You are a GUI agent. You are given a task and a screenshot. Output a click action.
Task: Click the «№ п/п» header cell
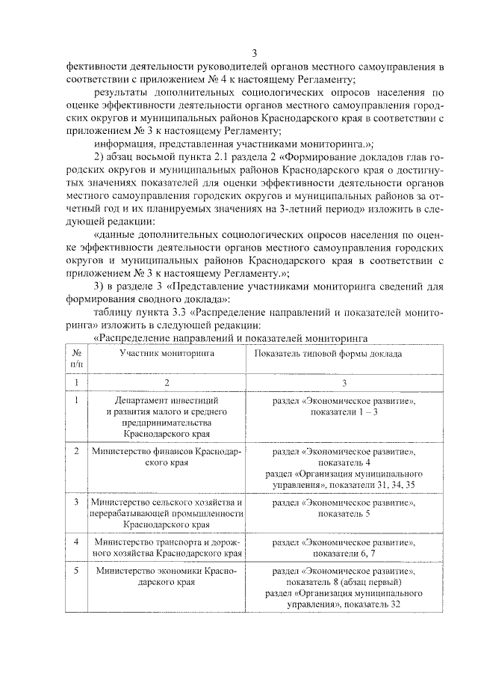point(77,358)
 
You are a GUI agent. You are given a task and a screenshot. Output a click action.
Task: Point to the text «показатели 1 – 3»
point(344,412)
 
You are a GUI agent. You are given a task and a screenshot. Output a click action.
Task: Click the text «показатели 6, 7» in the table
point(344,552)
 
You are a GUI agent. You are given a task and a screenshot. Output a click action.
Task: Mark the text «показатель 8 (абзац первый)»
point(344,581)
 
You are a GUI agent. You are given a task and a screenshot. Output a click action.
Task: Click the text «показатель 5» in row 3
point(344,515)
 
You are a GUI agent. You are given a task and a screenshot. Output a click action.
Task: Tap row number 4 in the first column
point(77,541)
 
